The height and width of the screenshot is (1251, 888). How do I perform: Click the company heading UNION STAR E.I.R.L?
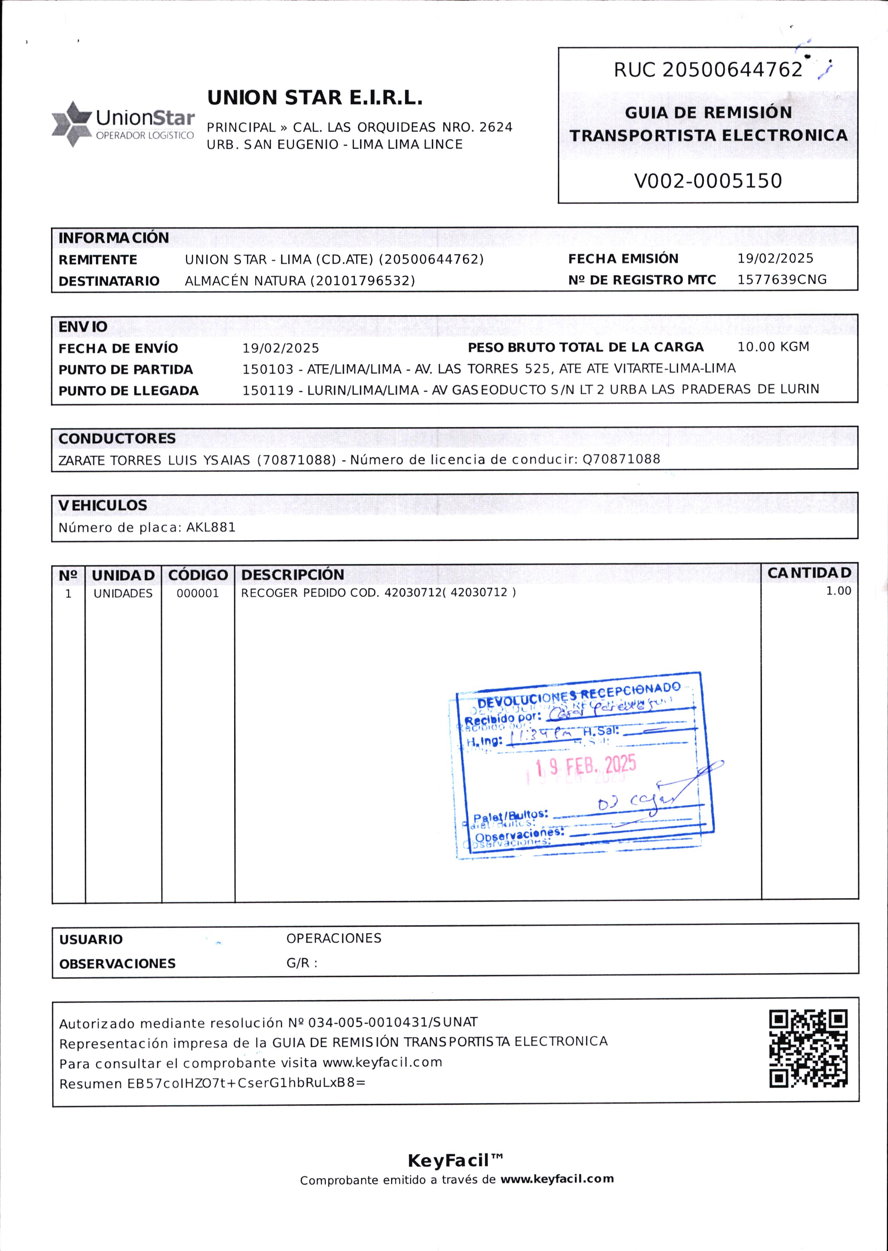click(x=314, y=98)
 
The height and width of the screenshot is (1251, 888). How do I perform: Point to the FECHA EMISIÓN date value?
click(x=775, y=258)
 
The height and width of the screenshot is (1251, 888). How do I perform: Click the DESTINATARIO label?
click(x=109, y=281)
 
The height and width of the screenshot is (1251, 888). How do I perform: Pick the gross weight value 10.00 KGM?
click(x=773, y=347)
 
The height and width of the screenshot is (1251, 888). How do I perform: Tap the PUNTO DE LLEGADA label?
click(x=128, y=391)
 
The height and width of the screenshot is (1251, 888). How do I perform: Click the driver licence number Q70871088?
click(x=621, y=459)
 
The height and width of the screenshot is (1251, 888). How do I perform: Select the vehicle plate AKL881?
click(x=211, y=527)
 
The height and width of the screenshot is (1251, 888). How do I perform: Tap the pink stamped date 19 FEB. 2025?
click(x=586, y=765)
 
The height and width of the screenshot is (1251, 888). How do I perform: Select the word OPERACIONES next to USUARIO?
click(x=334, y=938)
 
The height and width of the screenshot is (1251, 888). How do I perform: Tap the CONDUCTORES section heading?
click(x=117, y=438)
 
